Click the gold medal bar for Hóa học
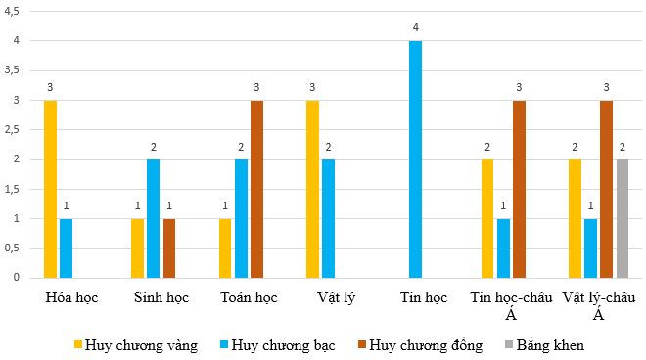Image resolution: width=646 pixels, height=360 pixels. (50, 189)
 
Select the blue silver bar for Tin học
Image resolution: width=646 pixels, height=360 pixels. (416, 159)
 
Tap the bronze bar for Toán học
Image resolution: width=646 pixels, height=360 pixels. (256, 189)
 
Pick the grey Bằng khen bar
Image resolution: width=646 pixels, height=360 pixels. (623, 218)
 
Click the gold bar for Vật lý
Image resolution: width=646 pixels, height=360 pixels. (312, 189)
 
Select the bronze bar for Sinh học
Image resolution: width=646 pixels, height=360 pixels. (168, 247)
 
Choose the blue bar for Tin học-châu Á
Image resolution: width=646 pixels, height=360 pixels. (503, 247)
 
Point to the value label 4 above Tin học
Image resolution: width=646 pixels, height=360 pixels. (416, 29)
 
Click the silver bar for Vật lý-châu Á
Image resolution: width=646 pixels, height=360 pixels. (590, 247)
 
